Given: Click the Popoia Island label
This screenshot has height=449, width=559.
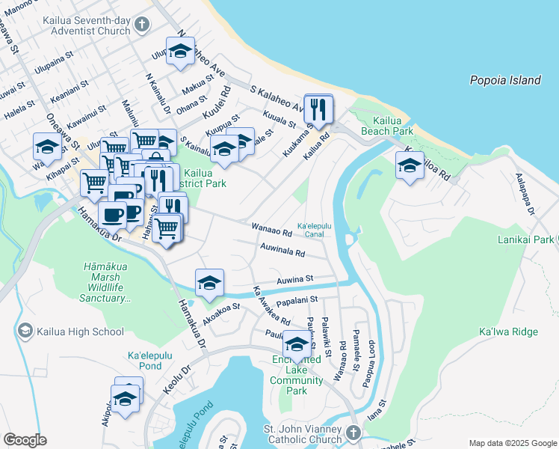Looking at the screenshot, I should pos(504,79).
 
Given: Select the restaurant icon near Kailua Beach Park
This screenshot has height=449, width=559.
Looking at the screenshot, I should pos(319,110).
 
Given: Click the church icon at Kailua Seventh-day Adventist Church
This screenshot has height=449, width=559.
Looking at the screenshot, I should pos(142,26).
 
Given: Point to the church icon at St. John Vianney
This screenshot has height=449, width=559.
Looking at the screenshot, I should pos(354,433).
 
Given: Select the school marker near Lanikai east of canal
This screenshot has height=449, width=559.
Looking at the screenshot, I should pos(410,168).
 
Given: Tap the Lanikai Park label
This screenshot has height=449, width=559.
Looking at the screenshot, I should pos(525,240).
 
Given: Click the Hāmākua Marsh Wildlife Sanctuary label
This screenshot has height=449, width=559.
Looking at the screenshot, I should pos(103,282).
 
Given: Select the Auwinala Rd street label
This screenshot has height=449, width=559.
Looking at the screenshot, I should pos(282,249).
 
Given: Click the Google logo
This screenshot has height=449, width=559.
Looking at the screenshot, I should pos(25,440).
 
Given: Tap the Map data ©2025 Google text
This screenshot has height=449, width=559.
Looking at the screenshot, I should pos(512,443).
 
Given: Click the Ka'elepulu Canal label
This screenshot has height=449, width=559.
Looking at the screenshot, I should pos(314,230).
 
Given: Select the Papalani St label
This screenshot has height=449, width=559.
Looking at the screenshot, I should pos(297,301).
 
